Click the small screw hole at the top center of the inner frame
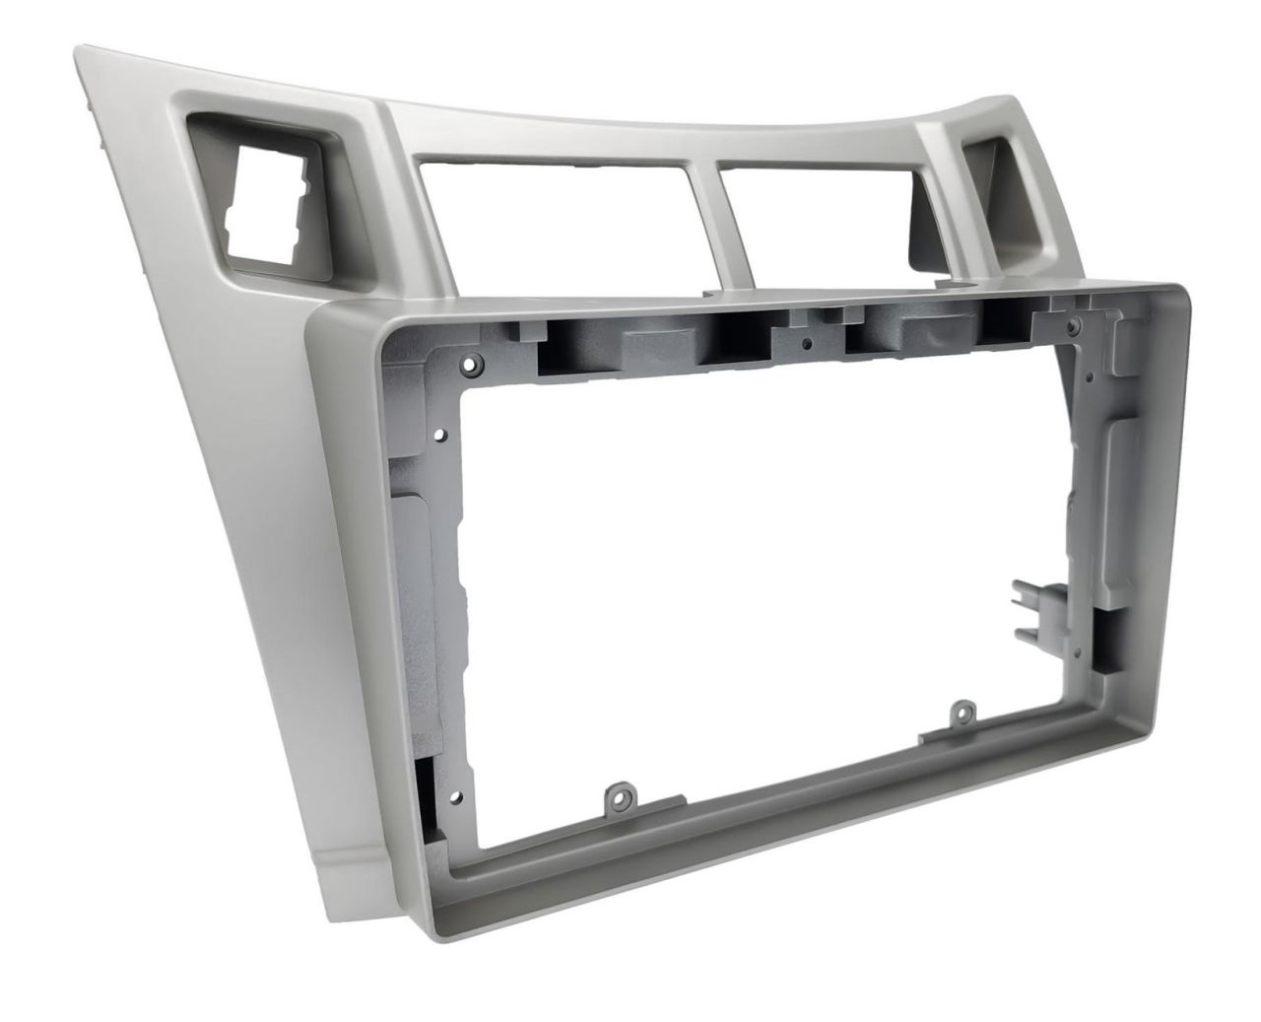[806, 344]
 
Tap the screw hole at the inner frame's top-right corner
[1075, 325]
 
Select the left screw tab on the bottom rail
[619, 793]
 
